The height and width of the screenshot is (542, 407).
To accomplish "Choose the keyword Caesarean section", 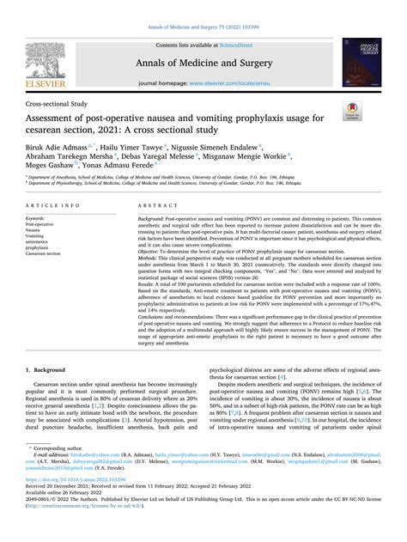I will [50, 254].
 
